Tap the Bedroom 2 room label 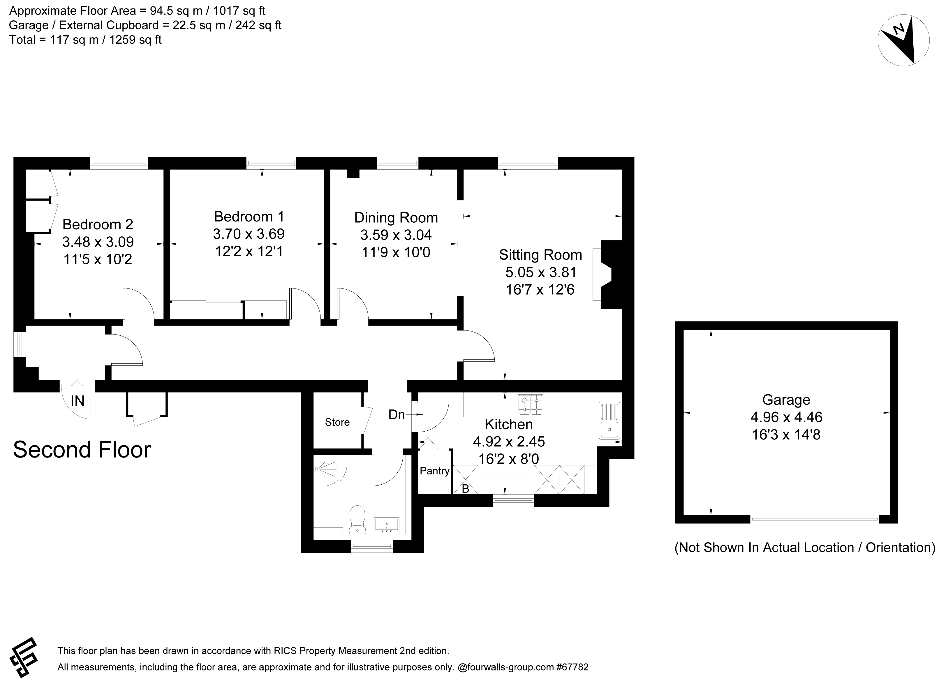[98, 224]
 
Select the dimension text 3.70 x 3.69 [249, 234]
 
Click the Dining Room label [396, 217]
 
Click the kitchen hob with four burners [530, 405]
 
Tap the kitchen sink [609, 420]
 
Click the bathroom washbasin [386, 525]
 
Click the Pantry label [434, 471]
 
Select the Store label [337, 422]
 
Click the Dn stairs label [396, 414]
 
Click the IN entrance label [77, 401]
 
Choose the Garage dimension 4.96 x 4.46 [786, 417]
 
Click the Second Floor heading [82, 450]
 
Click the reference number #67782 [572, 667]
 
